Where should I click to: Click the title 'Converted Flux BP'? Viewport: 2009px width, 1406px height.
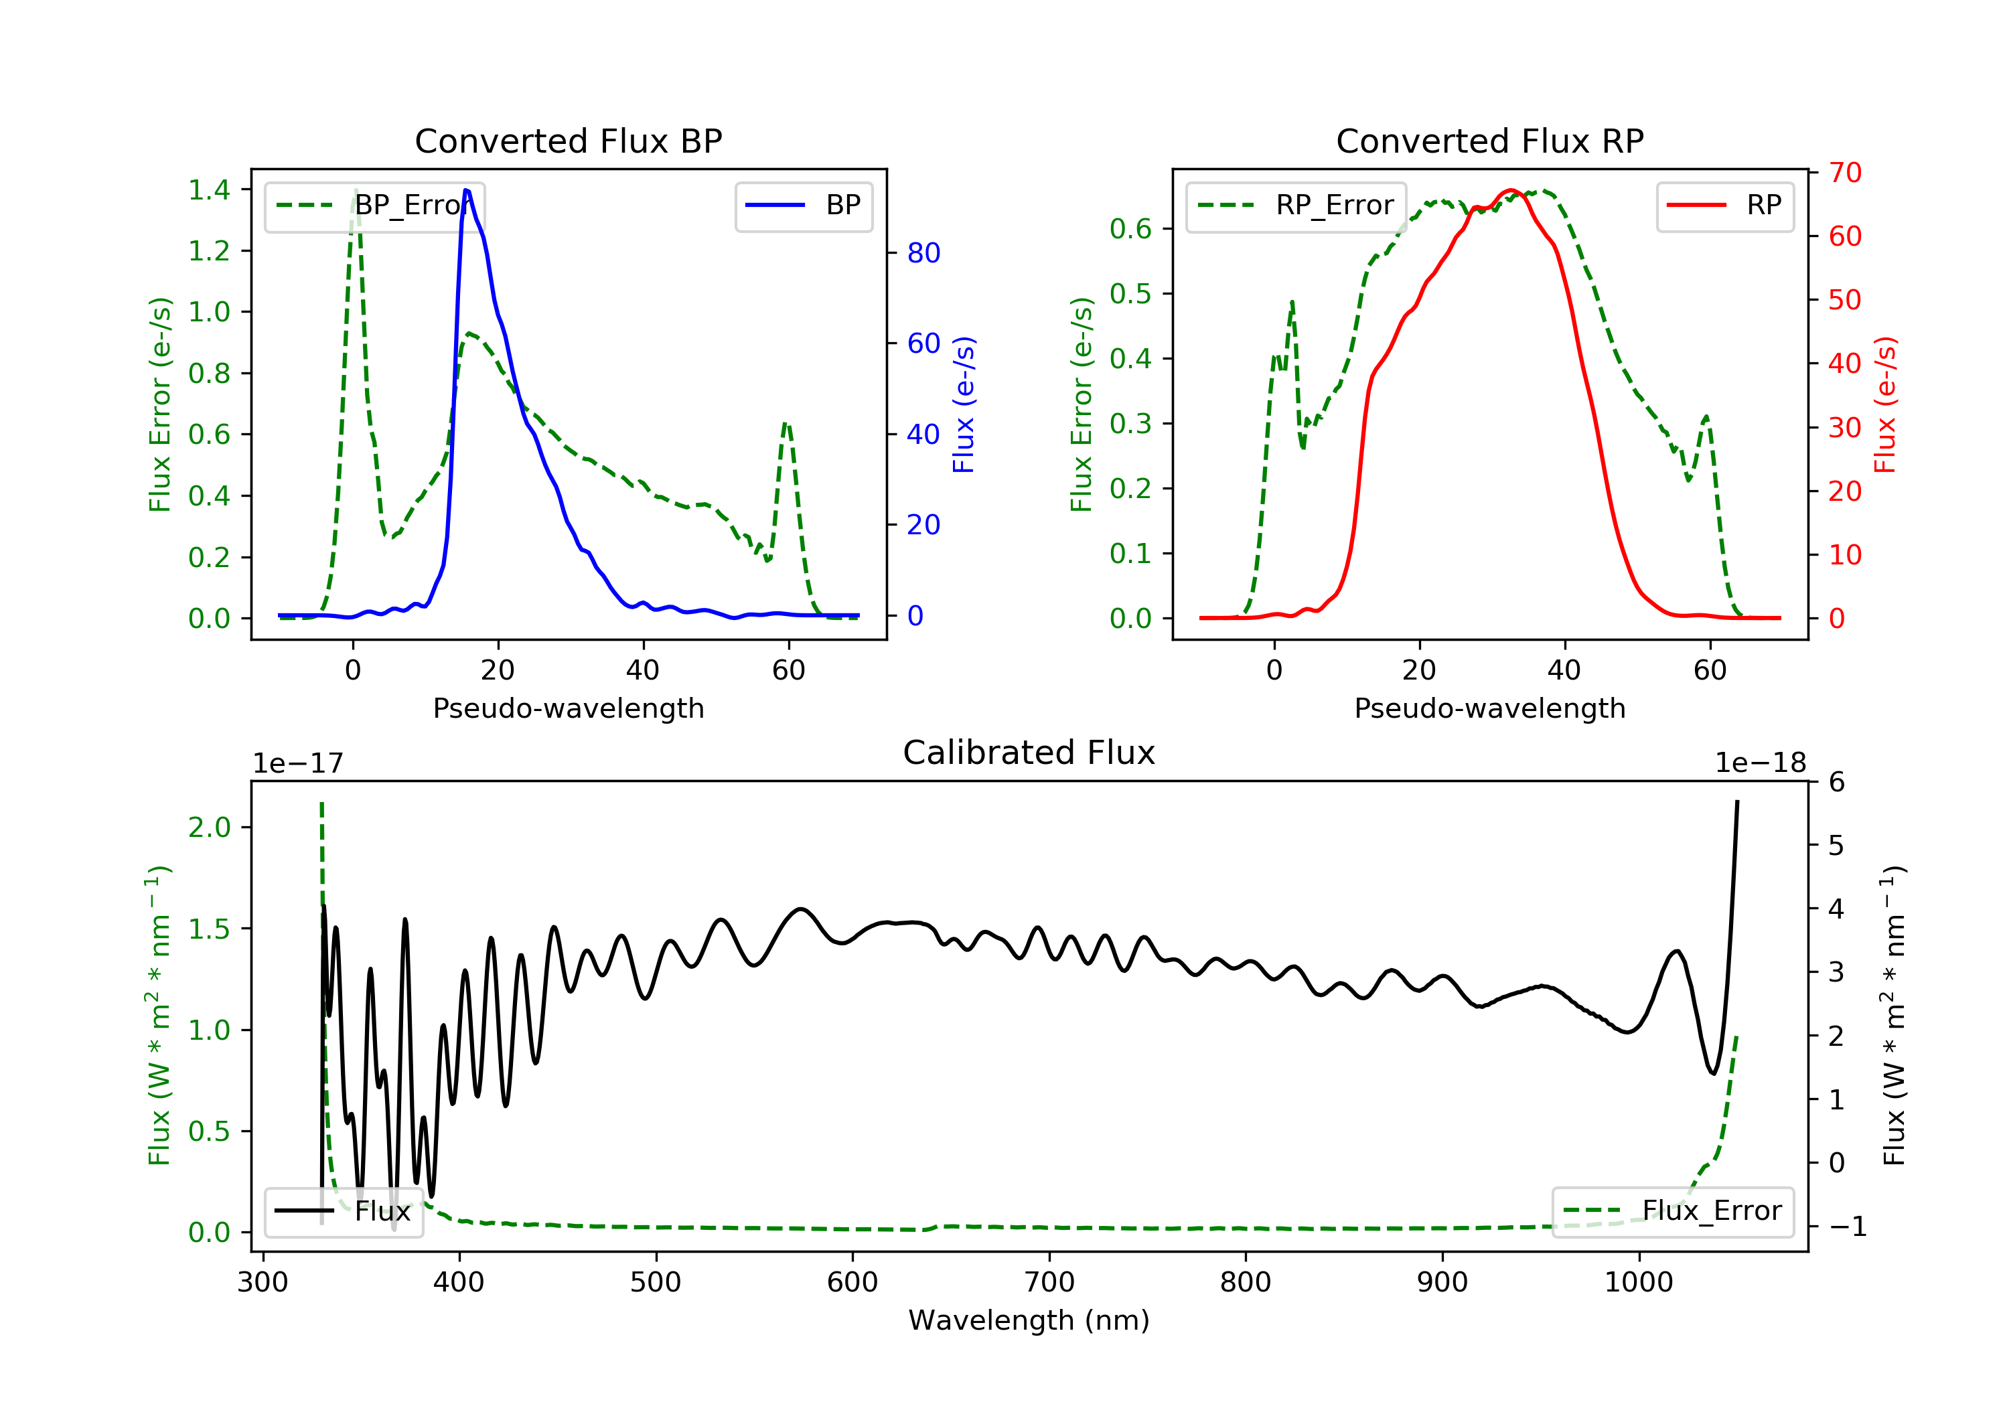click(x=569, y=141)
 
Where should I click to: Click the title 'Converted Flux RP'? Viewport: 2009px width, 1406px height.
click(x=1490, y=141)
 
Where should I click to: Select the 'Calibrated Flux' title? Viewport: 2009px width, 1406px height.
click(x=1029, y=753)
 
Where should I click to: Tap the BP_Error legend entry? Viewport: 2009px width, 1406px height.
click(x=374, y=206)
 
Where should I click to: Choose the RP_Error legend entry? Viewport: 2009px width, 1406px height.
click(x=1296, y=206)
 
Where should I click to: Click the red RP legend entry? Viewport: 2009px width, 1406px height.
click(x=1724, y=206)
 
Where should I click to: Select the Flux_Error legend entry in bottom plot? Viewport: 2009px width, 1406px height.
click(x=1673, y=1211)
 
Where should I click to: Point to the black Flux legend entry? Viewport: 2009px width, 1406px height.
click(x=343, y=1211)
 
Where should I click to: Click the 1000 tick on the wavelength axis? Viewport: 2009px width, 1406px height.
click(x=1639, y=1283)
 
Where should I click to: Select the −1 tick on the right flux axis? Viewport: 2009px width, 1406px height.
click(x=1847, y=1227)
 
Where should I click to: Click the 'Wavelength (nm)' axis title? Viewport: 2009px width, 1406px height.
click(x=1029, y=1320)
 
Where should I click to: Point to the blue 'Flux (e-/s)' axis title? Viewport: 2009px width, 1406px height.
click(x=964, y=405)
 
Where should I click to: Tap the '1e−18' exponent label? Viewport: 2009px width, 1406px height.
click(x=1761, y=763)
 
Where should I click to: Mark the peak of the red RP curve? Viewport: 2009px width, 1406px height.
click(x=1511, y=190)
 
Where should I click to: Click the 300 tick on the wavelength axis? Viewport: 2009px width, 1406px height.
click(x=263, y=1283)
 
